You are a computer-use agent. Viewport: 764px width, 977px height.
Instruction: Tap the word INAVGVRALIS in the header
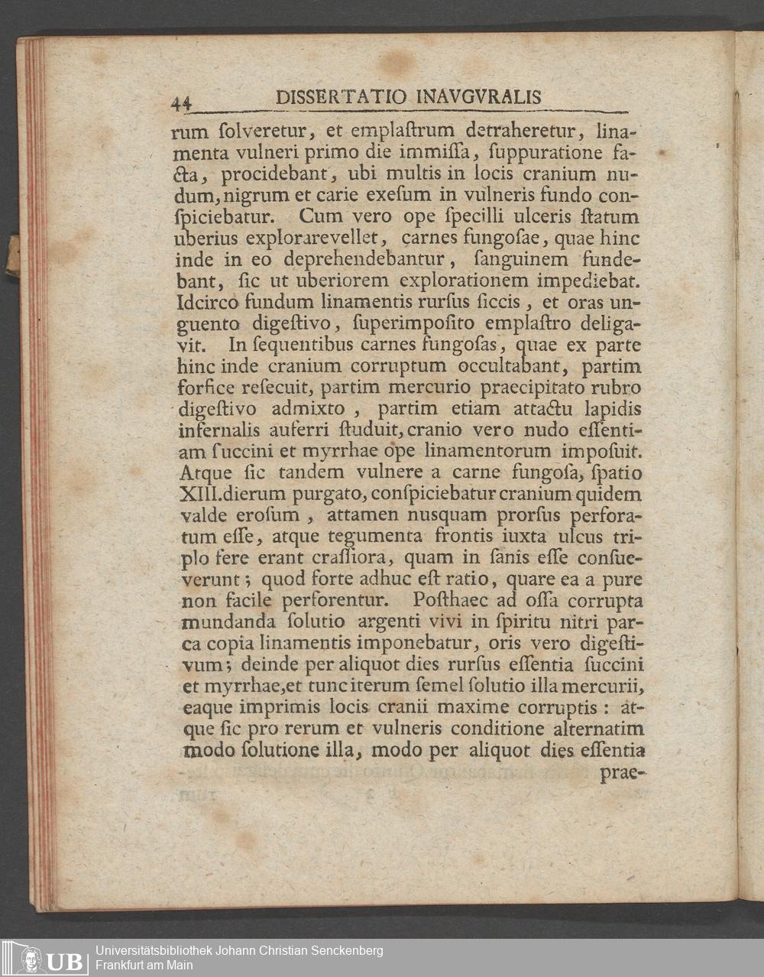[x=480, y=97]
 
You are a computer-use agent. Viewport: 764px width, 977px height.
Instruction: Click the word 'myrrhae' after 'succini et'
[x=305, y=451]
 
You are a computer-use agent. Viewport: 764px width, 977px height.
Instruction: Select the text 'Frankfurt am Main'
[x=144, y=966]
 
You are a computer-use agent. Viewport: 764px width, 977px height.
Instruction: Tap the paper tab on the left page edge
[x=13, y=255]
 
